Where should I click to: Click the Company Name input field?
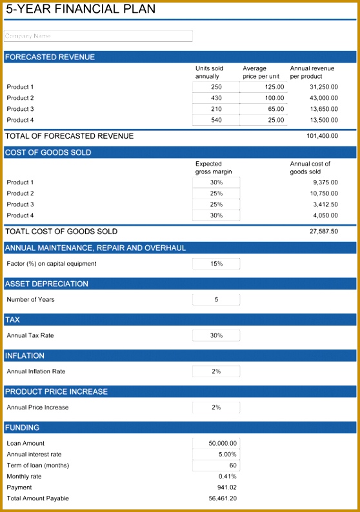98,36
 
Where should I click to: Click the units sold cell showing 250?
216,87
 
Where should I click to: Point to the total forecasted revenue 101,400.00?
322,136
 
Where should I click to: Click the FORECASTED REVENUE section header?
50,57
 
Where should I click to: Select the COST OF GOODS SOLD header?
48,153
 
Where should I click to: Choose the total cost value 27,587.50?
323,231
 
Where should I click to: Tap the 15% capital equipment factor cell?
216,264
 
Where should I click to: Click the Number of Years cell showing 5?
216,300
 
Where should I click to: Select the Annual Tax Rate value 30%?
216,335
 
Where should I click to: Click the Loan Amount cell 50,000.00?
216,443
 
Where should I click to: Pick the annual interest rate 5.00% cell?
216,454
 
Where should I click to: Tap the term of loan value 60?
216,465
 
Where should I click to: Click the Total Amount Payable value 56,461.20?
223,498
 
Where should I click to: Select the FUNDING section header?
23,428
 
